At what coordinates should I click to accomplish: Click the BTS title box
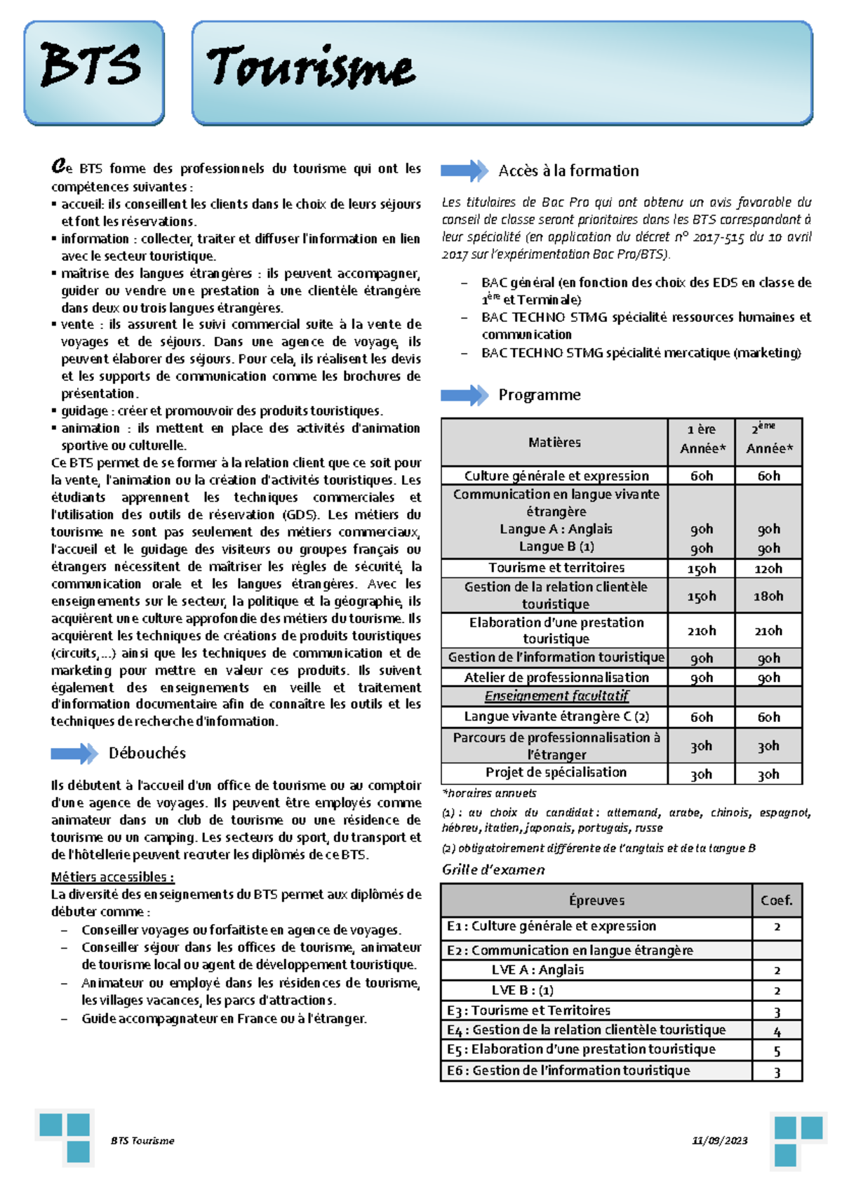tap(93, 72)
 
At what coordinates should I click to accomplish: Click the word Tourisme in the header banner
tap(310, 68)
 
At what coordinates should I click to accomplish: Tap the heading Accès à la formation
tap(568, 171)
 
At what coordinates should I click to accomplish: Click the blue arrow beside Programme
tap(464, 395)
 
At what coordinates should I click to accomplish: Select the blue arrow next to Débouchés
tap(74, 754)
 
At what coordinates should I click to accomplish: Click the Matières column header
tap(554, 442)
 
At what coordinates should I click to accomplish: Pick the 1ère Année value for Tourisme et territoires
tap(701, 568)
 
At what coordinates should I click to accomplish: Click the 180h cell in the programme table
tap(768, 596)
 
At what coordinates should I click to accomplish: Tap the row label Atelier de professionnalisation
tap(556, 677)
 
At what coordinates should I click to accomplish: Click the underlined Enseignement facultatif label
tap(556, 695)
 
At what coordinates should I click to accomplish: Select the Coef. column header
tap(776, 900)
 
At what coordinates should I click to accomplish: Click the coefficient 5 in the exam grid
tap(777, 1050)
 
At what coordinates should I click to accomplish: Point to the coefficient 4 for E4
tap(777, 1031)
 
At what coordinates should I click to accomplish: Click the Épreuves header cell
tap(596, 900)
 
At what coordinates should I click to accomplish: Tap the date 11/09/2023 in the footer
tap(719, 1140)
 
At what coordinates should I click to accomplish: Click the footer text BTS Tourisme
tap(142, 1140)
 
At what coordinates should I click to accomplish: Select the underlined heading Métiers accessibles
tap(112, 876)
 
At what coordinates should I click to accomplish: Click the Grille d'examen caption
tap(493, 869)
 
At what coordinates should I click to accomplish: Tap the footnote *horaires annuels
tap(489, 793)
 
